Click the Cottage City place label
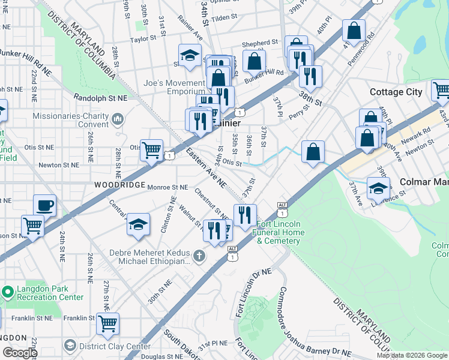click(x=396, y=92)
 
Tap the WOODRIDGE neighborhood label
click(x=118, y=185)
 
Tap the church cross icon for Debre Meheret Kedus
click(x=199, y=256)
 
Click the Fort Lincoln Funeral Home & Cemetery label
click(x=278, y=232)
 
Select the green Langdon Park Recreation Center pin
click(x=7, y=292)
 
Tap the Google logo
click(x=19, y=353)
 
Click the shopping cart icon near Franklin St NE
click(x=107, y=324)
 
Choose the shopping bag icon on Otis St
click(x=313, y=152)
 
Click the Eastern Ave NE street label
click(x=205, y=167)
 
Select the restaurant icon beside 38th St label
click(x=310, y=76)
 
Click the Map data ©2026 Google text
click(x=412, y=355)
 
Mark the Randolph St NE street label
click(x=101, y=97)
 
